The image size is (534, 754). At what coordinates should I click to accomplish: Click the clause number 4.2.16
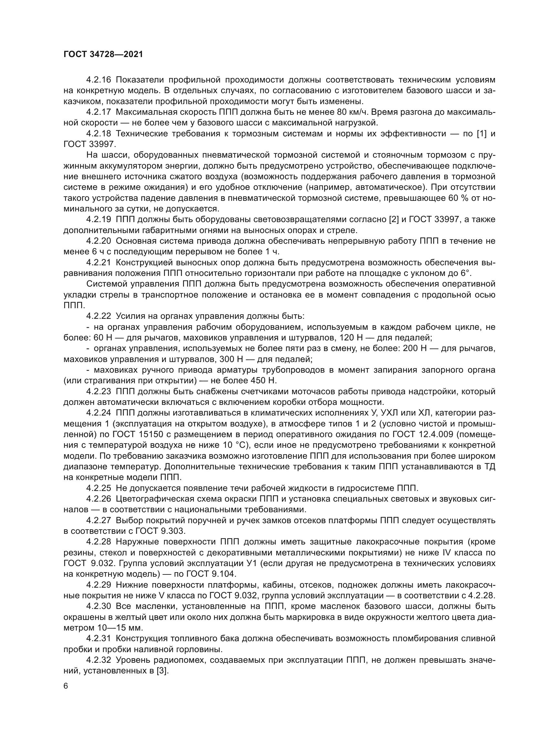pyautogui.click(x=99, y=80)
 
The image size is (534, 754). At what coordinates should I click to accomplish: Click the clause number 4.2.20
pyautogui.click(x=99, y=241)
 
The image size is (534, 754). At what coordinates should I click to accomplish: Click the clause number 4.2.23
pyautogui.click(x=99, y=391)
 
